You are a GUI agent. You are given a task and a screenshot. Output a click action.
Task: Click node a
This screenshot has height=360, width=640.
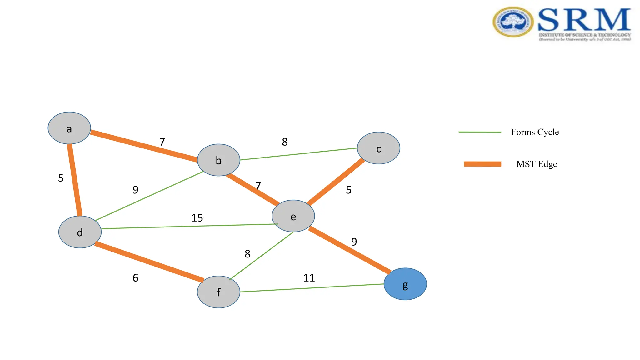tap(69, 128)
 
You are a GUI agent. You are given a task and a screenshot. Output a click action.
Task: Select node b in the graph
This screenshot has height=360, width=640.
tap(218, 160)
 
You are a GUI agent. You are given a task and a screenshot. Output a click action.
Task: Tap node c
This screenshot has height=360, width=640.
tap(378, 148)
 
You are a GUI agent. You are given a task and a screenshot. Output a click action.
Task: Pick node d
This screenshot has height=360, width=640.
tap(80, 232)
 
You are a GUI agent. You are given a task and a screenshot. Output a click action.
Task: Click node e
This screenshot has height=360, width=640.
tap(293, 216)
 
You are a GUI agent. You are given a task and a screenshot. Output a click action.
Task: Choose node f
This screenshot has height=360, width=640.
tap(218, 292)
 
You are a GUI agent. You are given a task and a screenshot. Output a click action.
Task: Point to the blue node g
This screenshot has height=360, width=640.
tap(405, 284)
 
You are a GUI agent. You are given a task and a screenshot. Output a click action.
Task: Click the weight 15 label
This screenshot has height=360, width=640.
tap(197, 218)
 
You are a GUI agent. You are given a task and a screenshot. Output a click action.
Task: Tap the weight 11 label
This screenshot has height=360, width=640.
tap(309, 278)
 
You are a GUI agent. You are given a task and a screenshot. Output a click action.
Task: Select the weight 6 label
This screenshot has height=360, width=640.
tap(135, 278)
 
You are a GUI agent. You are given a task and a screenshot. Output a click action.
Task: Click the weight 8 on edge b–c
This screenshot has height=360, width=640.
tap(285, 142)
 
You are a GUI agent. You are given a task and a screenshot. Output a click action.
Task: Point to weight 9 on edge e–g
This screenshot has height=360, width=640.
tap(354, 242)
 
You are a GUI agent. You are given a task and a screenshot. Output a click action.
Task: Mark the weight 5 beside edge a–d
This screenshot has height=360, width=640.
tap(61, 178)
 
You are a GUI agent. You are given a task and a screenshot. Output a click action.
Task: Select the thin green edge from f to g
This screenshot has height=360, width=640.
tap(312, 288)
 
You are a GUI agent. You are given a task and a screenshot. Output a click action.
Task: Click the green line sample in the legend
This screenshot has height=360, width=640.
tap(480, 132)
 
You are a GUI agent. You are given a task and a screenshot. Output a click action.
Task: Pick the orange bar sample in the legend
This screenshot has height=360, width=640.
tap(482, 164)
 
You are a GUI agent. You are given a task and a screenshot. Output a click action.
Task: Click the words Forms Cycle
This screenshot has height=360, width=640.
tap(535, 132)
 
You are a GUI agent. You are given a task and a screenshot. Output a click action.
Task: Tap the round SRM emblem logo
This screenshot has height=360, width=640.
tap(513, 22)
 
